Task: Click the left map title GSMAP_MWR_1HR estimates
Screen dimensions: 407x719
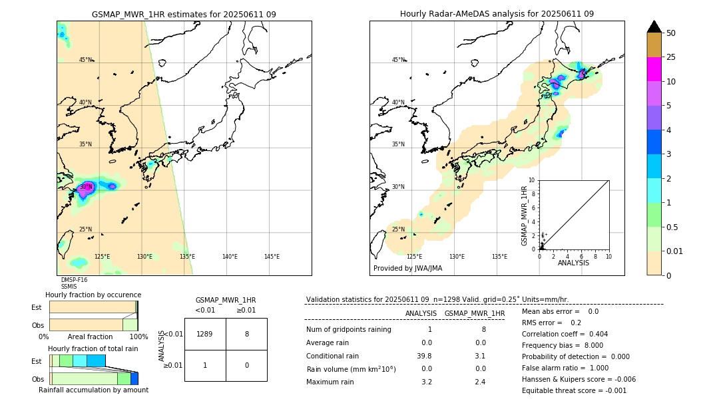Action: click(x=184, y=14)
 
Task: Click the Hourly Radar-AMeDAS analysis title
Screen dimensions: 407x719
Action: click(x=497, y=14)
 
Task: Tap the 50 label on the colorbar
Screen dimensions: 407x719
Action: click(x=671, y=33)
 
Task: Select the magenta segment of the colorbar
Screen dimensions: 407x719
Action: click(x=654, y=69)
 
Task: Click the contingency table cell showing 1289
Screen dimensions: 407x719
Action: click(x=205, y=334)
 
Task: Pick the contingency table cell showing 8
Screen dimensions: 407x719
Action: click(x=246, y=334)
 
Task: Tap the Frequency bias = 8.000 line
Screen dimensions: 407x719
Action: click(x=563, y=345)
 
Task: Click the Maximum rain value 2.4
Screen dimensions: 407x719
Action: click(x=479, y=382)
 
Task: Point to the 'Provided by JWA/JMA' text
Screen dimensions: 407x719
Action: click(x=407, y=269)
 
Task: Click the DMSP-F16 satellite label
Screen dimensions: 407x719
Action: click(x=74, y=280)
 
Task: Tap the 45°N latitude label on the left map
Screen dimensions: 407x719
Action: click(x=86, y=60)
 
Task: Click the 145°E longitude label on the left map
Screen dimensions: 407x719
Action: click(x=272, y=257)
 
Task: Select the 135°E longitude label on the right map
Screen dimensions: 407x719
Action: click(x=499, y=257)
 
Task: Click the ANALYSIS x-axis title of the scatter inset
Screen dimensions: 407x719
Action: click(x=573, y=263)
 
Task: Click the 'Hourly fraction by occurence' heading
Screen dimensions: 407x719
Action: click(x=93, y=295)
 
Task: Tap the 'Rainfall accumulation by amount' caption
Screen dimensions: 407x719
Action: click(x=93, y=390)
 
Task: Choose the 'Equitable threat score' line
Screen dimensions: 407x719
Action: click(x=574, y=390)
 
